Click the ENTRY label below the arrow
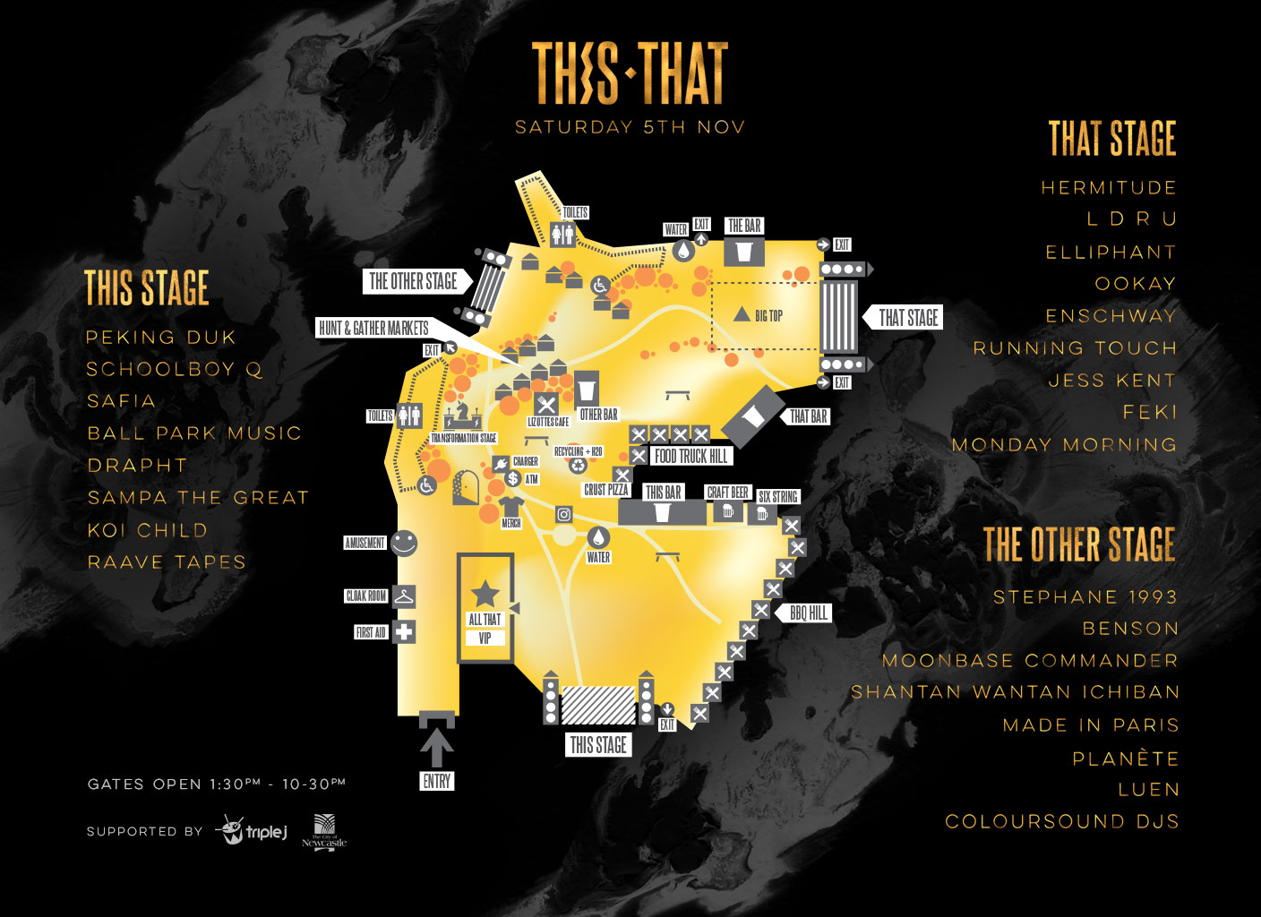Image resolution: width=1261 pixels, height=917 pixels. click(x=437, y=781)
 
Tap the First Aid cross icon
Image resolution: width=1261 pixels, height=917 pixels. click(x=405, y=631)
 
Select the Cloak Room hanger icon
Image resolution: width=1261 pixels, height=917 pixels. click(x=404, y=596)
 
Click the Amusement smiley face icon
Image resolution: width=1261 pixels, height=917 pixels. click(x=404, y=543)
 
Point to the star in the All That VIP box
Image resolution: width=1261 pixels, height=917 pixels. click(x=485, y=592)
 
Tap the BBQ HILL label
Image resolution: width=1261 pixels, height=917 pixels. click(x=809, y=613)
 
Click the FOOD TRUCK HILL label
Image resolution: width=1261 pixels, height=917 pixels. click(x=691, y=456)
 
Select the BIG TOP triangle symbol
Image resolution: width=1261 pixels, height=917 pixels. click(x=742, y=314)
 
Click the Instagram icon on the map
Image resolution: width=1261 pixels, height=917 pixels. click(x=564, y=514)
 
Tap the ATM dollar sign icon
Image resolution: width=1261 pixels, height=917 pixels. click(x=513, y=479)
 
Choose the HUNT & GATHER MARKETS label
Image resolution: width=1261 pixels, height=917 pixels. click(x=373, y=328)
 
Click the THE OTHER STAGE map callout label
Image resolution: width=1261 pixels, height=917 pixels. click(x=413, y=281)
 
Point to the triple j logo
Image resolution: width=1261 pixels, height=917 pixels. click(x=253, y=831)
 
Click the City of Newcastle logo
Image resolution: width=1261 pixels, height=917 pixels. click(x=323, y=831)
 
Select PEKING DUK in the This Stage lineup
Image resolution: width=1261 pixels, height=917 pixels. click(x=161, y=338)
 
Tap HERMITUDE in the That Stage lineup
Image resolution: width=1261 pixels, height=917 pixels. click(x=1109, y=188)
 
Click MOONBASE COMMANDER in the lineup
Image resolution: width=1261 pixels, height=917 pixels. click(x=1030, y=661)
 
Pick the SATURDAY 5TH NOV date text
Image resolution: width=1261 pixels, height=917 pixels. click(x=630, y=127)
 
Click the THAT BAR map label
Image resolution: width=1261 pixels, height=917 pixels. click(x=809, y=416)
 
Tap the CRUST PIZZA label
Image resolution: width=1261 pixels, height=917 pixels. click(x=606, y=490)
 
